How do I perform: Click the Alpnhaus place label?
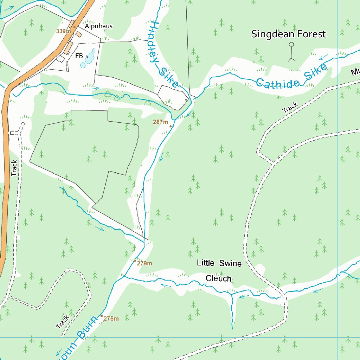(98, 26)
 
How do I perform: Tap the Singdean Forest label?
(288, 34)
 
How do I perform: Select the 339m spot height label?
(63, 31)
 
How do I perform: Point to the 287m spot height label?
(161, 122)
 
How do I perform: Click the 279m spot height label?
(144, 263)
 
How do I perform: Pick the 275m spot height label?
(111, 319)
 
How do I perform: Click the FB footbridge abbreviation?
(79, 56)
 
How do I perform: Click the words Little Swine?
(219, 263)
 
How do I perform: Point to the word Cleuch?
(218, 279)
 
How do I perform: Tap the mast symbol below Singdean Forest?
(291, 51)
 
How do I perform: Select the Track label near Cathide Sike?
(290, 108)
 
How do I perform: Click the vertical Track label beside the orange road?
(14, 168)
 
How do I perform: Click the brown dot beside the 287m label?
(171, 126)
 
